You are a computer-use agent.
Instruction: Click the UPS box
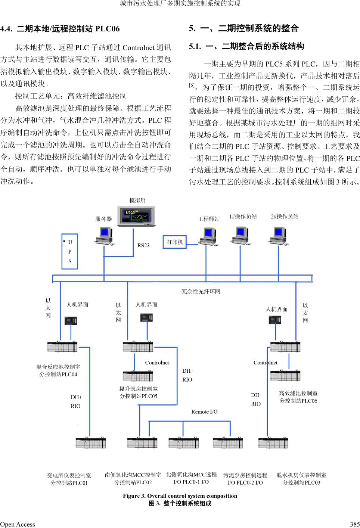coord(70,251)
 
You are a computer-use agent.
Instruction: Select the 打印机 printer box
coord(174,242)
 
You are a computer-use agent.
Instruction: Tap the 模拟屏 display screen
coord(136,216)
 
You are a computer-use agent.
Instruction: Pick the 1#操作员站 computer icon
coord(240,236)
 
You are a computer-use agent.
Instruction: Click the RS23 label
coord(143,245)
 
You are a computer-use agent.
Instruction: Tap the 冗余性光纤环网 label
coord(201,292)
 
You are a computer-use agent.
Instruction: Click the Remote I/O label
coord(204,412)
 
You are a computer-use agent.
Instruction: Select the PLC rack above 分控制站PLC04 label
coord(62,347)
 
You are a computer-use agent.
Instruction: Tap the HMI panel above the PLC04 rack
coord(71,321)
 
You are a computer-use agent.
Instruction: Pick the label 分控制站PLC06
coord(298,401)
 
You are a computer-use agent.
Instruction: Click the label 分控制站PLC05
coord(139,396)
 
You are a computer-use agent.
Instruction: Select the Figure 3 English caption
coord(180,496)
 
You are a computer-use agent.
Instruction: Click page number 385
coord(355,524)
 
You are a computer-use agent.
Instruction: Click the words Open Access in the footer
coord(18,524)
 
